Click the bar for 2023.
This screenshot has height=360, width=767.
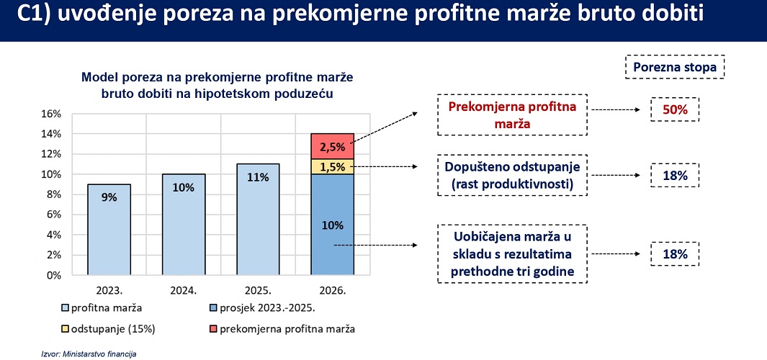pyautogui.click(x=109, y=230)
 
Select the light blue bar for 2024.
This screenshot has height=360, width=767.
pyautogui.click(x=184, y=225)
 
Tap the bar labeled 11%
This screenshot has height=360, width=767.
pyautogui.click(x=258, y=219)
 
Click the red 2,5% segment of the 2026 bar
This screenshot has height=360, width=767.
pyautogui.click(x=333, y=145)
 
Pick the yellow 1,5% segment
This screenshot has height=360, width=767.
pyautogui.click(x=333, y=166)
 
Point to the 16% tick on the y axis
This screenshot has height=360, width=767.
pyautogui.click(x=50, y=114)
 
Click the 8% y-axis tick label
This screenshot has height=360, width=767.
pyautogui.click(x=53, y=194)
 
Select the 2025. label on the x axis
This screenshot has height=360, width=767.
pyautogui.click(x=259, y=291)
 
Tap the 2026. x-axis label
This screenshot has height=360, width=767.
pyautogui.click(x=333, y=291)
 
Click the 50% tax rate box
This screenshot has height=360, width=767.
pyautogui.click(x=675, y=109)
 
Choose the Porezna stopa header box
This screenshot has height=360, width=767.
pyautogui.click(x=675, y=67)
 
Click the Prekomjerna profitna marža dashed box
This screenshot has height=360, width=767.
pyautogui.click(x=512, y=114)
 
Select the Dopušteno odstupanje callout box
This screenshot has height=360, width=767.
pyautogui.click(x=512, y=175)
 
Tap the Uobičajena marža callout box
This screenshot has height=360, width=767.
pyautogui.click(x=512, y=253)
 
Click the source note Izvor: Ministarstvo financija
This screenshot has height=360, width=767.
pyautogui.click(x=89, y=354)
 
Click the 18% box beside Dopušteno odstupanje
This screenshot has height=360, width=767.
pyautogui.click(x=675, y=176)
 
